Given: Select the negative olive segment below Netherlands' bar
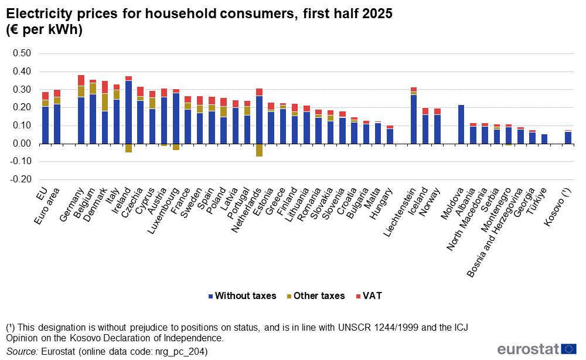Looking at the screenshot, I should pyautogui.click(x=259, y=150).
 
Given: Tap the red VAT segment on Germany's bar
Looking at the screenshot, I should pyautogui.click(x=81, y=80).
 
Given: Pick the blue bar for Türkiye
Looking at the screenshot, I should pyautogui.click(x=544, y=139).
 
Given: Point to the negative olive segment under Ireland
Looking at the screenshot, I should pyautogui.click(x=128, y=148).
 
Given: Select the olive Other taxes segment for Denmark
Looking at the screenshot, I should pyautogui.click(x=105, y=102).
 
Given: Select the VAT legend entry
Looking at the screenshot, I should pyautogui.click(x=368, y=296).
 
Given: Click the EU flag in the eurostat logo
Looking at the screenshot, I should pyautogui.click(x=568, y=349).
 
